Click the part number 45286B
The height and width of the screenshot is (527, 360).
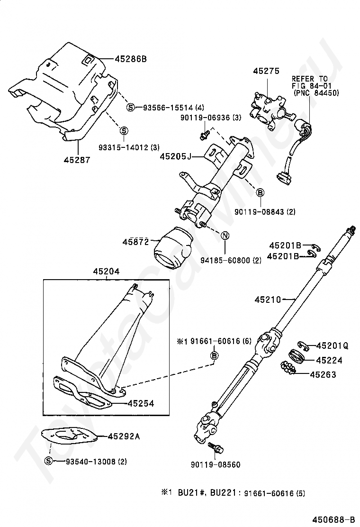point(130,59)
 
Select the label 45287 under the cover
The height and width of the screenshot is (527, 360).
point(77,160)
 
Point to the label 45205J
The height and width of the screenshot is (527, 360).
point(175,155)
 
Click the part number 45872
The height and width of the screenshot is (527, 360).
point(136,242)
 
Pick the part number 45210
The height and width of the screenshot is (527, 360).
point(268,300)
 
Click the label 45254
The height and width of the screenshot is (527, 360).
point(141,403)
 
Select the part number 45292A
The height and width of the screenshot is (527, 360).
point(124,436)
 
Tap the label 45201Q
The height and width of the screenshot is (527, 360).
point(332,346)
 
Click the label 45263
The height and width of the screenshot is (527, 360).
point(323,374)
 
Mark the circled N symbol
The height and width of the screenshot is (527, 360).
point(225,236)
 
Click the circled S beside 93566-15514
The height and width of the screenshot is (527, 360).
point(130,108)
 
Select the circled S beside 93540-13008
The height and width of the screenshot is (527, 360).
point(48,461)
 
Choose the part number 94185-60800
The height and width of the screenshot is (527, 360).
point(231,260)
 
